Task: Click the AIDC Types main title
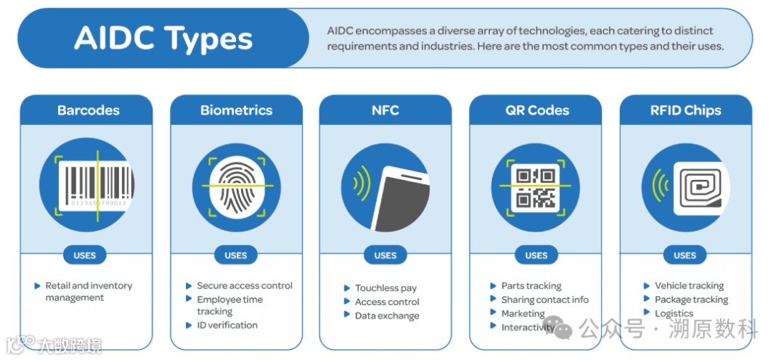(x=163, y=38)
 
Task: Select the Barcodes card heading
(x=89, y=111)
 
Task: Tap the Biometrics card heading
(x=237, y=111)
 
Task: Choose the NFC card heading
(x=385, y=111)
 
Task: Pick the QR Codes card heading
(x=537, y=111)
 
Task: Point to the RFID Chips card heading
(x=685, y=111)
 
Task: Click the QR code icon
(x=536, y=186)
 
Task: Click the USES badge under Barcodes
(x=85, y=255)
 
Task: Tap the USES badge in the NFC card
(x=385, y=255)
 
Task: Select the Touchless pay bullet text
(x=385, y=288)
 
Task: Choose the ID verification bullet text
(x=227, y=325)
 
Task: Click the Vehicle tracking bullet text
(x=689, y=286)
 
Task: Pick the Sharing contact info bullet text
(x=544, y=300)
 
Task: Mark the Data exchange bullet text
(x=387, y=316)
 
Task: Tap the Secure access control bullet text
(x=245, y=286)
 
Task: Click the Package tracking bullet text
(x=691, y=300)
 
